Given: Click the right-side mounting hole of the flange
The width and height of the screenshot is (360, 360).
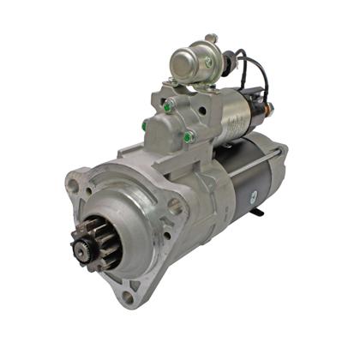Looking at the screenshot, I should (x=177, y=206).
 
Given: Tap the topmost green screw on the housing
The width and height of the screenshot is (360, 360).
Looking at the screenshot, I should (x=169, y=105).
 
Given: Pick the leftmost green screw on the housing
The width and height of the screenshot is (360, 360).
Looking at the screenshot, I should (x=145, y=126).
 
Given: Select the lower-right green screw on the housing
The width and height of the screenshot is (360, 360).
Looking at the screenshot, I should (x=188, y=135).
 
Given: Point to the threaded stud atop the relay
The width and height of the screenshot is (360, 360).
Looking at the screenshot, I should (x=211, y=39).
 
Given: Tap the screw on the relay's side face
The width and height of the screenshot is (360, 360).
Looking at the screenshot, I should (x=206, y=61).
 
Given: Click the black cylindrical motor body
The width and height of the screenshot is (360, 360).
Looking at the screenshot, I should (x=257, y=184).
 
